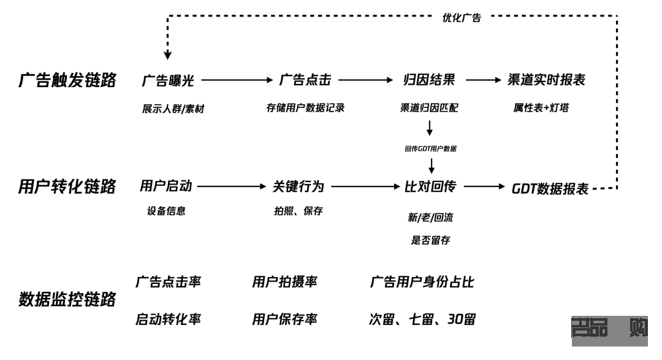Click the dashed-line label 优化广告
[462, 18]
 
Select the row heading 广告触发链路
[67, 80]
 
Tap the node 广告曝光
[167, 80]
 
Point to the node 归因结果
[429, 80]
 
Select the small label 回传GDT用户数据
[430, 148]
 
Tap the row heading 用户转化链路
[67, 187]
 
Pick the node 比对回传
[430, 187]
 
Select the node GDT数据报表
[550, 188]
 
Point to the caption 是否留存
[430, 240]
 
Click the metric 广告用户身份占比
[422, 282]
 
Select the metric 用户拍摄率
[284, 282]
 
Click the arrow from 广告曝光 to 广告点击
[236, 80]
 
